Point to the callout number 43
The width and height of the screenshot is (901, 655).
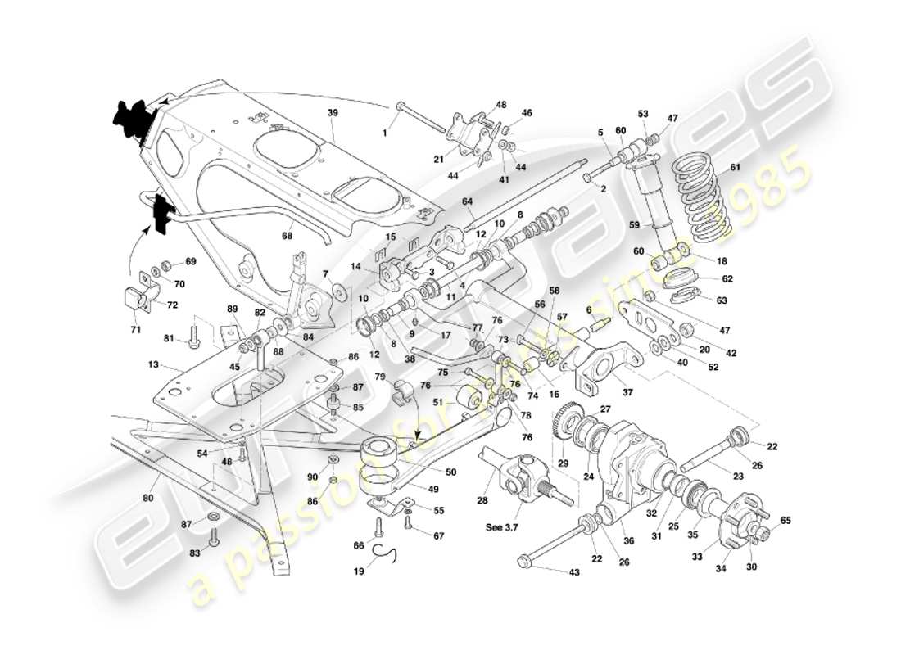(573, 572)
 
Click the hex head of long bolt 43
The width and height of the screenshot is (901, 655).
(524, 561)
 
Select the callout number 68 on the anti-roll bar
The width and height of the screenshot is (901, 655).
(287, 237)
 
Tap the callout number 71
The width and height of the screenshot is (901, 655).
(136, 330)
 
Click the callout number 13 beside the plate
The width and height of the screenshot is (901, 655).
(152, 365)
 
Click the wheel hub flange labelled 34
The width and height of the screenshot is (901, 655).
(735, 524)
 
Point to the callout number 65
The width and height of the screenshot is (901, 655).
(786, 520)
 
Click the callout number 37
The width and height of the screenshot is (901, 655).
(627, 392)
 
